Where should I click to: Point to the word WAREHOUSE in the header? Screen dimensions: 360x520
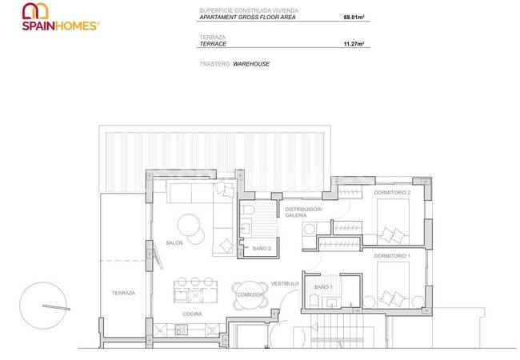pyautogui.click(x=251, y=62)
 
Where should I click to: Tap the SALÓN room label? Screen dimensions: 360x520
pyautogui.click(x=174, y=242)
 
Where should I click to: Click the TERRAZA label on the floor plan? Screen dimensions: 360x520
pyautogui.click(x=123, y=294)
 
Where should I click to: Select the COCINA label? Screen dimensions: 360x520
pyautogui.click(x=191, y=314)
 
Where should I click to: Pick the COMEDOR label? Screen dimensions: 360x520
pyautogui.click(x=250, y=295)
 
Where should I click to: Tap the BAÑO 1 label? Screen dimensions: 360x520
pyautogui.click(x=322, y=286)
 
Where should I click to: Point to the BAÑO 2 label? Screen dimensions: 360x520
pyautogui.click(x=262, y=249)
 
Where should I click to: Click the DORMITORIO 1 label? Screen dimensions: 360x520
pyautogui.click(x=391, y=255)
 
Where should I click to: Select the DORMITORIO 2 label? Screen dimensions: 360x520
pyautogui.click(x=391, y=193)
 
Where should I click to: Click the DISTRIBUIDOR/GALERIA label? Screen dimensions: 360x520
pyautogui.click(x=303, y=212)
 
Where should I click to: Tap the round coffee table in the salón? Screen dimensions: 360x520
pyautogui.click(x=189, y=224)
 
